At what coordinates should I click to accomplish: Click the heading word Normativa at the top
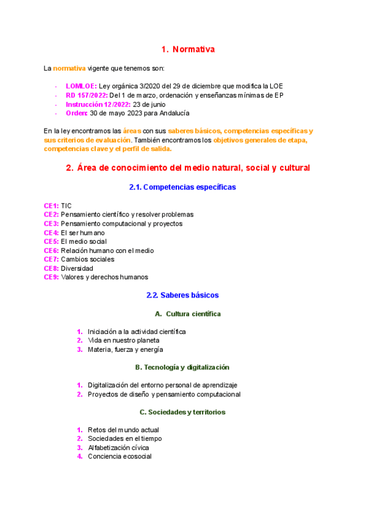point(193,49)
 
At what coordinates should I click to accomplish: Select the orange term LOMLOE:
point(81,86)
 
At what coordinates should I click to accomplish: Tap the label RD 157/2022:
point(86,95)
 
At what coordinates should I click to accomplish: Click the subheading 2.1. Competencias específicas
point(182,187)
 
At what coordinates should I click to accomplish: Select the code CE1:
point(51,206)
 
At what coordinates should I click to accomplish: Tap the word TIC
point(66,206)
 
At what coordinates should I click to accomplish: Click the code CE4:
point(51,233)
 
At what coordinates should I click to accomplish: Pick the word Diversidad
point(77,268)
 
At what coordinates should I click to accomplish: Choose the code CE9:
point(51,277)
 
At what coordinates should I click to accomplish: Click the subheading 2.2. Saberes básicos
point(182,295)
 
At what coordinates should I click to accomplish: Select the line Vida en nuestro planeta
point(123,340)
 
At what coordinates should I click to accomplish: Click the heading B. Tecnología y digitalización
point(182,368)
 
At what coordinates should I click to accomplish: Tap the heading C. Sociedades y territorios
point(182,412)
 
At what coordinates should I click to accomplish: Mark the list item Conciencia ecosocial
point(120,457)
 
